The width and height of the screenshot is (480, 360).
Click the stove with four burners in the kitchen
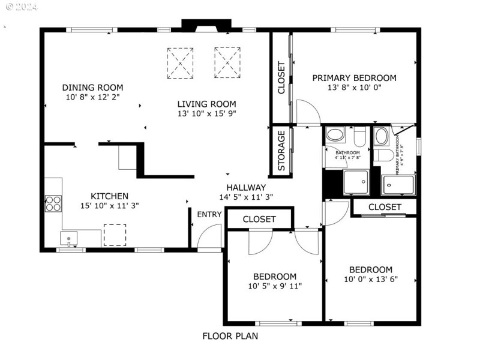click(53, 203)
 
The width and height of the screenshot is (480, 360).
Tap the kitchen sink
click(70, 239)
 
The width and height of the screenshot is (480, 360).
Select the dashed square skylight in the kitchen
click(114, 235)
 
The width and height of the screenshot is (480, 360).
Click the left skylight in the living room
click(179, 62)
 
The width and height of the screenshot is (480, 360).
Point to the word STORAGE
click(281, 152)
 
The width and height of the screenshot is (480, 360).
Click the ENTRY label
click(209, 215)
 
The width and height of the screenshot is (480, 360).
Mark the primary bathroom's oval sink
click(381, 136)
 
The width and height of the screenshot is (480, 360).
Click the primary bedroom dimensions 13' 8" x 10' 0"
click(354, 88)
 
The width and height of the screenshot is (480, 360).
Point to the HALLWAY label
click(246, 187)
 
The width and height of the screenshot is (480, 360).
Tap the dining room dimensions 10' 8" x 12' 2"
click(93, 97)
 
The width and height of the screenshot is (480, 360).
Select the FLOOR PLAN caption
click(230, 336)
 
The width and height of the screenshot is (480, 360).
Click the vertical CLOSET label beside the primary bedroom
click(281, 78)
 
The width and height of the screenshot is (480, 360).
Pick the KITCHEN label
click(109, 196)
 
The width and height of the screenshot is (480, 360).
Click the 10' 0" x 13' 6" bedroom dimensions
click(371, 279)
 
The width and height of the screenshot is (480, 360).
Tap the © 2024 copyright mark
click(20, 8)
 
